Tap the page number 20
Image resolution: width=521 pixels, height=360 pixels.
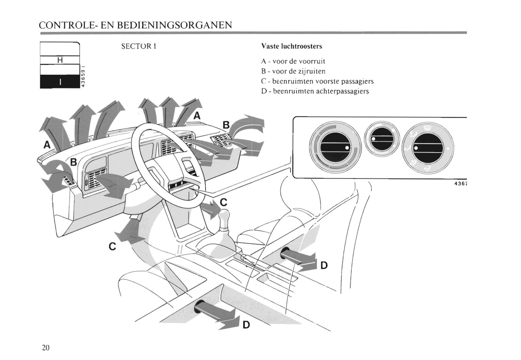pos(45,347)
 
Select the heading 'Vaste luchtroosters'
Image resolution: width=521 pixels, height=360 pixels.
pos(291,47)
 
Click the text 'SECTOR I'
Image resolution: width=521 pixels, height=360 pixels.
pos(138,47)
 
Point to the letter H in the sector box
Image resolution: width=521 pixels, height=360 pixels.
pos(60,60)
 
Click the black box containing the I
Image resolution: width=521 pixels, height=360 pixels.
pos(60,82)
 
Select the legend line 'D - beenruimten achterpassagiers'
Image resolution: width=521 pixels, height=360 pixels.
pos(315,91)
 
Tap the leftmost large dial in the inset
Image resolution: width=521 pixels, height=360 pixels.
pos(335,147)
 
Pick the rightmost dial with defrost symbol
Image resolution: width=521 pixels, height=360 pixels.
pos(428,148)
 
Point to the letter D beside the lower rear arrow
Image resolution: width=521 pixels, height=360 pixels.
pos(246,325)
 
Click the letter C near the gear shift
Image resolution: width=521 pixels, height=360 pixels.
pos(224,202)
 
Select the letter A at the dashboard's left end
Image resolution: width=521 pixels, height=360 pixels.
pos(47,145)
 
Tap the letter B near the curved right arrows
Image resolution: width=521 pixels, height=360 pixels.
pos(226,125)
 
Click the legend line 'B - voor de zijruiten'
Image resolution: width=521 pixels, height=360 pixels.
pos(293,71)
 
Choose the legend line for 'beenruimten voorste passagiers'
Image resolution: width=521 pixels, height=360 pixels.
pos(317,82)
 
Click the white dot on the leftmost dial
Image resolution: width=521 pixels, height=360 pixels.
pos(347,148)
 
